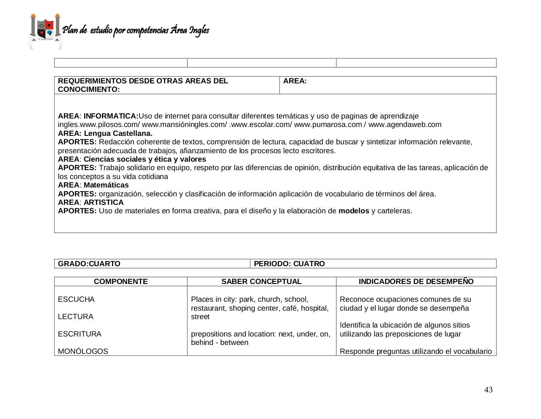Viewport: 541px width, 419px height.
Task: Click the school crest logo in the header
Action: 45,31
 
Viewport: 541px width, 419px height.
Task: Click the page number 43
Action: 488,390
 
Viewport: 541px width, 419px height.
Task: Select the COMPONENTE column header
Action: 120,281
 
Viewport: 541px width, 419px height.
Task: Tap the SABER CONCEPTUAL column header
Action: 261,281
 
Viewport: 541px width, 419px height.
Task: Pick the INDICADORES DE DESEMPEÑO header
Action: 416,281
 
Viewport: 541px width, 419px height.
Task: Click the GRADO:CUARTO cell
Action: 89,264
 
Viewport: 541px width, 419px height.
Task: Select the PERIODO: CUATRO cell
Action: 289,264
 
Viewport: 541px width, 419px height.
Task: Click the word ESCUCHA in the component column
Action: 76,299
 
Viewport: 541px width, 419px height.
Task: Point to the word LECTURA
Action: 76,317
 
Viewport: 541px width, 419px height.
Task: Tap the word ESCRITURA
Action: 79,334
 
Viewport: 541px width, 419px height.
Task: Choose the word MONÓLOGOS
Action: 83,351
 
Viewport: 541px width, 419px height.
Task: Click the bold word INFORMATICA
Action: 111,116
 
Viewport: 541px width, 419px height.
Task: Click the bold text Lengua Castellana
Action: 118,133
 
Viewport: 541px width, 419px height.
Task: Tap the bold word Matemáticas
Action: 106,185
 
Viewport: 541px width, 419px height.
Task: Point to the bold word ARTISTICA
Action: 104,202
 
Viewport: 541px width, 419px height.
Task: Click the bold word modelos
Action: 354,211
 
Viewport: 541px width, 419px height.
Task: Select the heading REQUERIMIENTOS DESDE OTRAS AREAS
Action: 143,81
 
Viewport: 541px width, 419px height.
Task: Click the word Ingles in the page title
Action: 199,30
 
